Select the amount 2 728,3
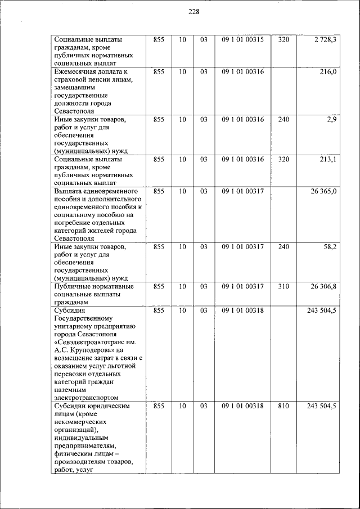pyautogui.click(x=325, y=40)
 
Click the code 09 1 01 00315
pyautogui.click(x=242, y=40)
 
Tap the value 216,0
pyautogui.click(x=328, y=72)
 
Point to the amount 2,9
pyautogui.click(x=331, y=120)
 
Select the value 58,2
pyautogui.click(x=329, y=247)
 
